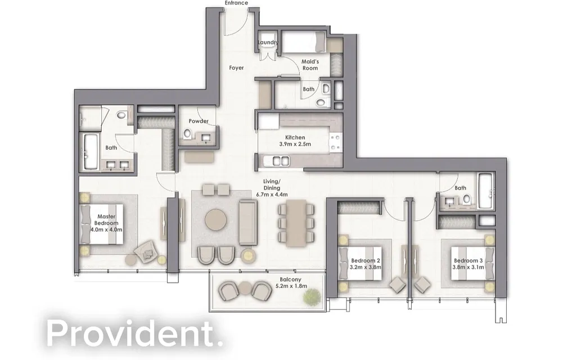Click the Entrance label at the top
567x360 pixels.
tap(236, 3)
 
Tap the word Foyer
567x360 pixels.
tap(236, 68)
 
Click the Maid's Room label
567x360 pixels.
tap(309, 65)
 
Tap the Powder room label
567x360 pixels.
tap(199, 121)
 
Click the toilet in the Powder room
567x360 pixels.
tap(187, 134)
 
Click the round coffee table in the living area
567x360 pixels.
tap(215, 219)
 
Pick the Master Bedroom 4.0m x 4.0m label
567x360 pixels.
tap(106, 223)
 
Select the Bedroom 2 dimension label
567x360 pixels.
tap(366, 264)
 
